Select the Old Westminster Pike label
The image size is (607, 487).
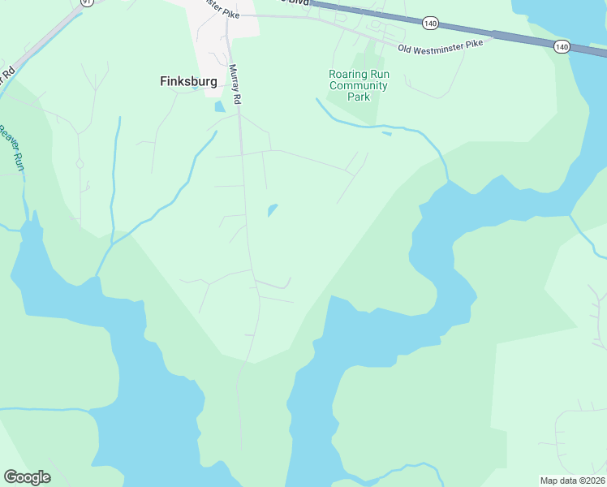pyautogui.click(x=446, y=45)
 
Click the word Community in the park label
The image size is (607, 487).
pyautogui.click(x=359, y=85)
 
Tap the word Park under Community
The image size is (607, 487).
pyautogui.click(x=359, y=97)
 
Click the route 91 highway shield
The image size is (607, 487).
pyautogui.click(x=86, y=2)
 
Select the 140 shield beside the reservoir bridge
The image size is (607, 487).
pyautogui.click(x=562, y=47)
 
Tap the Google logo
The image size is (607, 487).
pyautogui.click(x=27, y=477)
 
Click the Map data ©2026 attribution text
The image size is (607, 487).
pyautogui.click(x=571, y=481)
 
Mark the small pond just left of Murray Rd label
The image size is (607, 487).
pyautogui.click(x=219, y=106)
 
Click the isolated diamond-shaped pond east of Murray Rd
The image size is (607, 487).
pyautogui.click(x=273, y=210)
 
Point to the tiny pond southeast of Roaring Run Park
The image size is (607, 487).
pyautogui.click(x=386, y=132)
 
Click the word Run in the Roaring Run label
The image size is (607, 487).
pyautogui.click(x=379, y=74)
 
